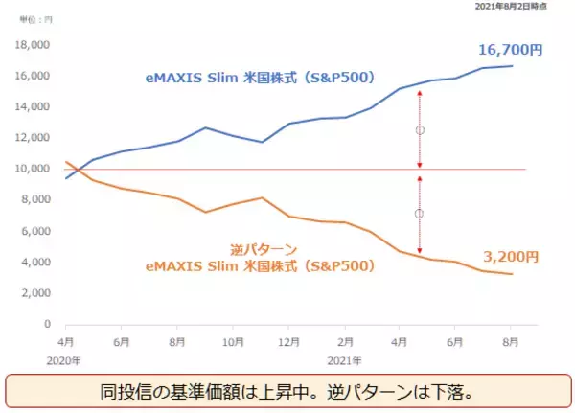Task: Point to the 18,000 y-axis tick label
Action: [34, 44]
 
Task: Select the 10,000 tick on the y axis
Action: [34, 169]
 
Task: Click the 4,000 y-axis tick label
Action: [36, 262]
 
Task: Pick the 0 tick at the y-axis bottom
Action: [47, 324]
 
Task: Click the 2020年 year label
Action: [63, 361]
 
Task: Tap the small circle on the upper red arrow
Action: [419, 129]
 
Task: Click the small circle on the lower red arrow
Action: [419, 214]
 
